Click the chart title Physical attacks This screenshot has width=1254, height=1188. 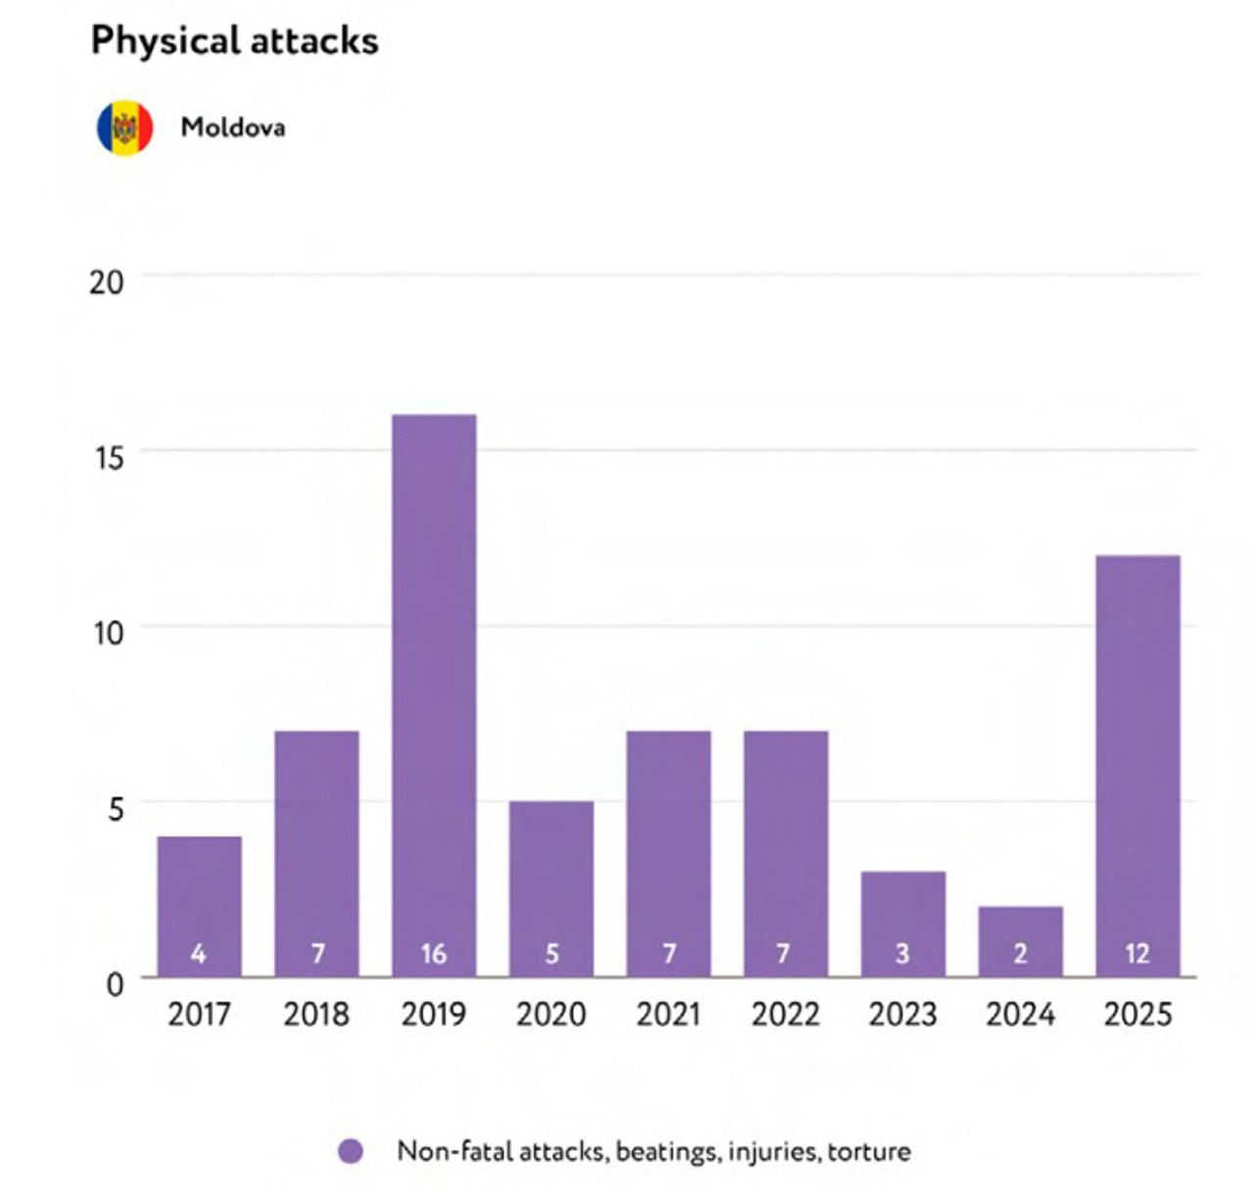pyautogui.click(x=235, y=41)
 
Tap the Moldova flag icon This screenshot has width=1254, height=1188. pyautogui.click(x=124, y=127)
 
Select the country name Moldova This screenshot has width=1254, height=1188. pyautogui.click(x=233, y=127)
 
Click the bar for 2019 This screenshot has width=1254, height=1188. pyautogui.click(x=434, y=695)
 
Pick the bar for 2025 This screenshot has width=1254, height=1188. pyautogui.click(x=1138, y=766)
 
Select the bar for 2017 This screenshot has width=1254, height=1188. pyautogui.click(x=199, y=906)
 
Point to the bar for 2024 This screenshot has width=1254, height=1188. pyautogui.click(x=1021, y=941)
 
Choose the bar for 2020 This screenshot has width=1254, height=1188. pyautogui.click(x=552, y=888)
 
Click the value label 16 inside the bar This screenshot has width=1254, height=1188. pyautogui.click(x=434, y=954)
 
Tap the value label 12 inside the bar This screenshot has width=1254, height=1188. pyautogui.click(x=1138, y=954)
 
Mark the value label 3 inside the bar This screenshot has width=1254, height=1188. pyautogui.click(x=902, y=954)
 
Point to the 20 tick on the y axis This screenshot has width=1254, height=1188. pyautogui.click(x=107, y=282)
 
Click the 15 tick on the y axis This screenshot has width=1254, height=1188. pyautogui.click(x=108, y=457)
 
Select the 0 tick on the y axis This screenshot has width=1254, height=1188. pyautogui.click(x=115, y=985)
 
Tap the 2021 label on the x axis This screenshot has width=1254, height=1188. pyautogui.click(x=668, y=1015)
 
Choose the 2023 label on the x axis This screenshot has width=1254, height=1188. pyautogui.click(x=902, y=1015)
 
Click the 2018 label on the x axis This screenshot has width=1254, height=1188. pyautogui.click(x=316, y=1015)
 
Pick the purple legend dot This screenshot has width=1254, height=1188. pyautogui.click(x=350, y=1152)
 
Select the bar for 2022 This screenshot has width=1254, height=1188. pyautogui.click(x=786, y=853)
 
